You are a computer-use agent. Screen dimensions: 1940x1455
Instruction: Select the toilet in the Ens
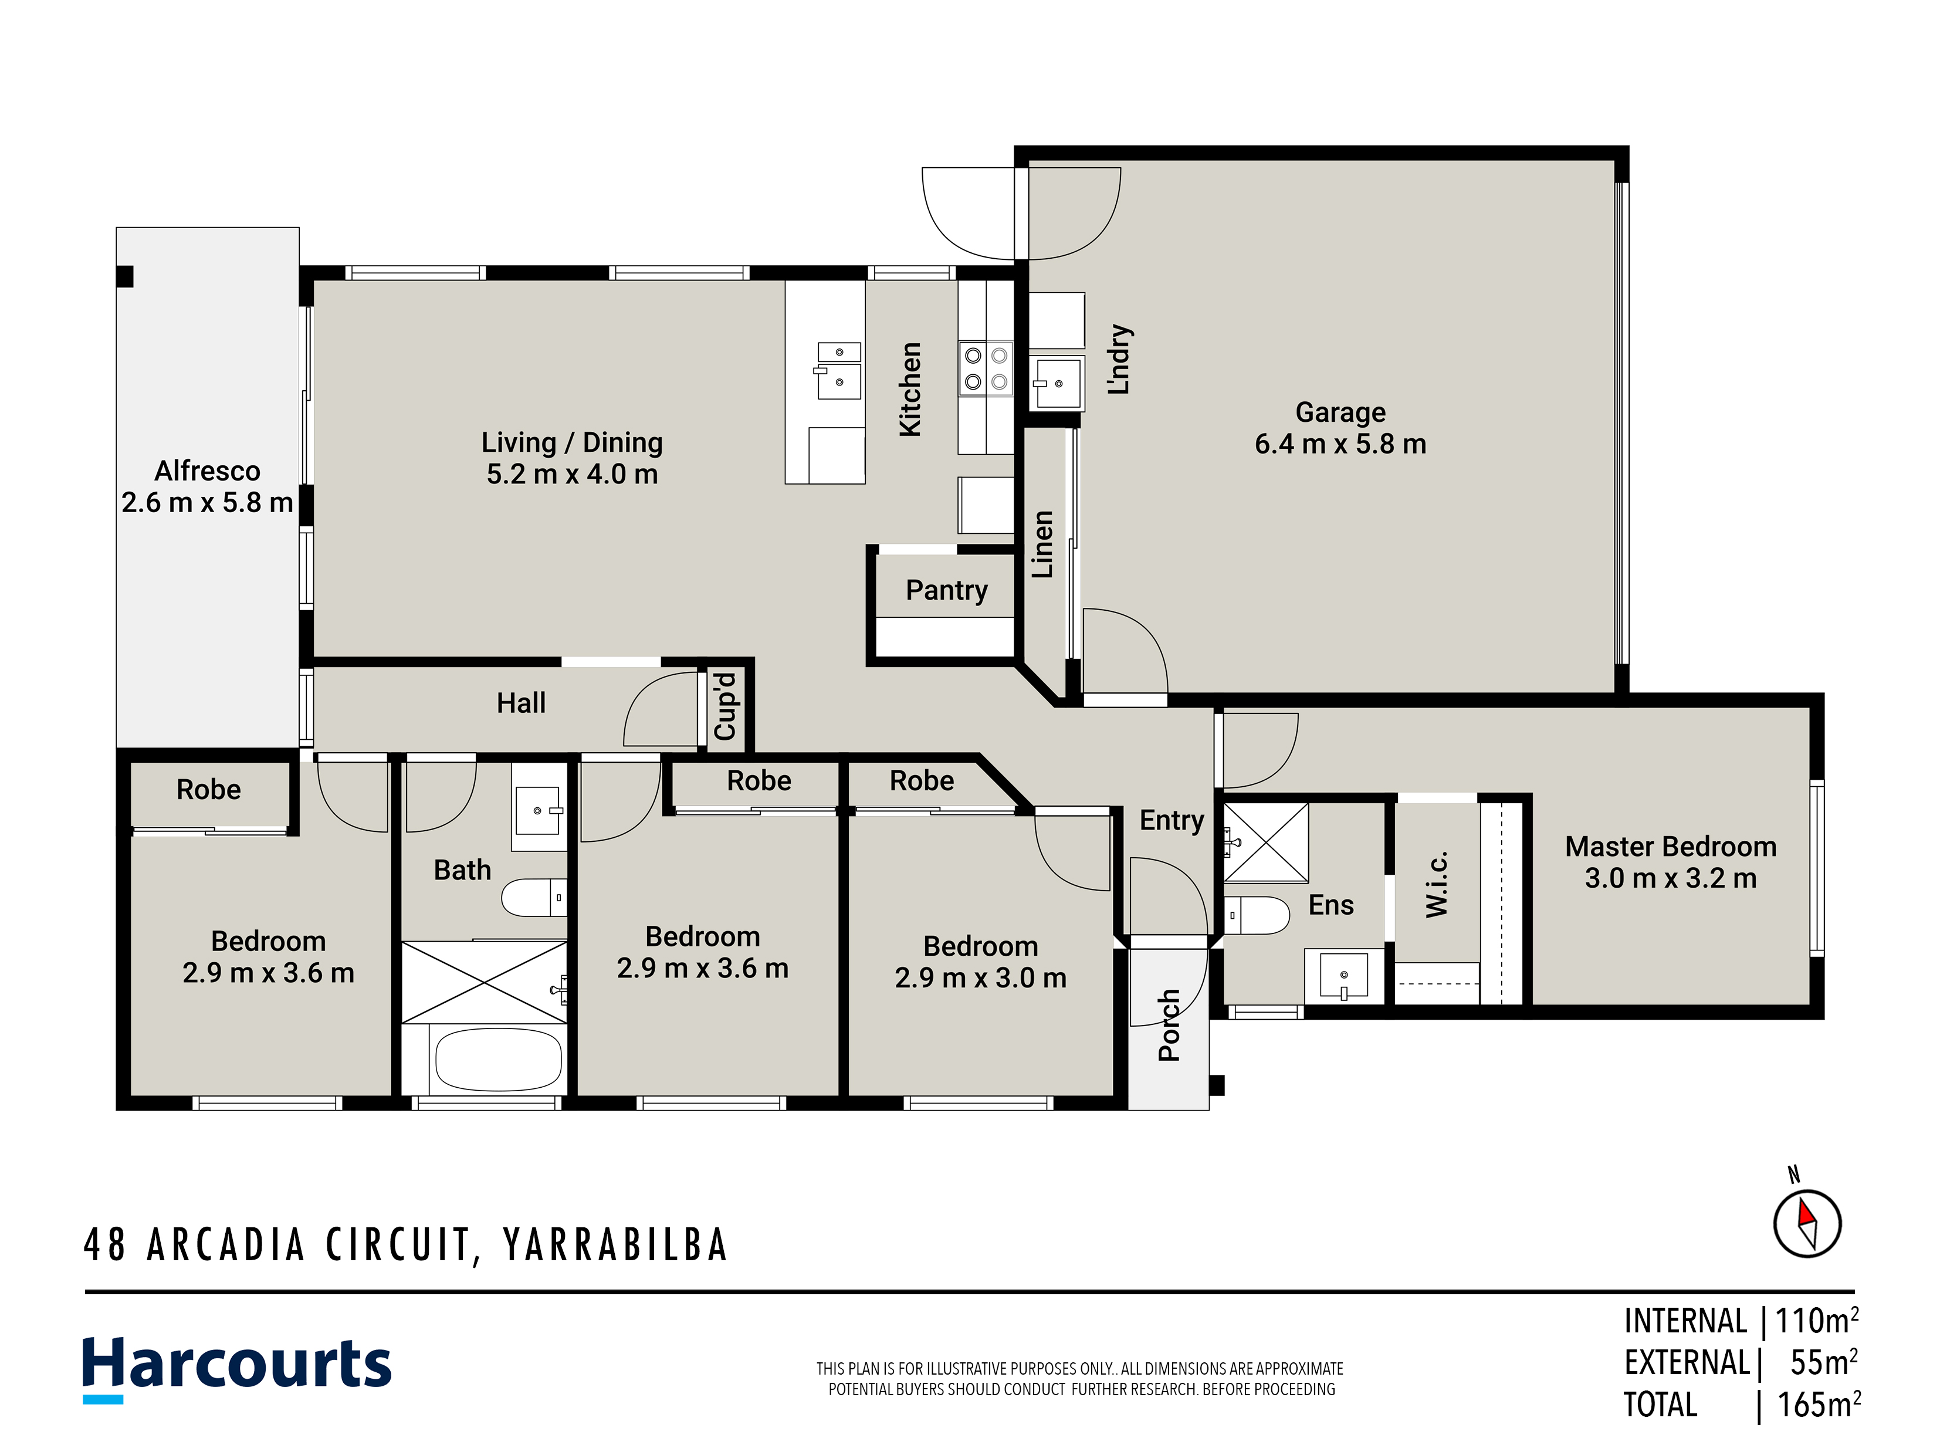coord(1256,915)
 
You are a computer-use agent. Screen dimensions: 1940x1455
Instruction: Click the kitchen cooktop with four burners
coord(986,368)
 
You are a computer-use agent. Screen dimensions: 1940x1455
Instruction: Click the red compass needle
coord(1806,1214)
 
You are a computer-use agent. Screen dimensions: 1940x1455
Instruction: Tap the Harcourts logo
coord(237,1366)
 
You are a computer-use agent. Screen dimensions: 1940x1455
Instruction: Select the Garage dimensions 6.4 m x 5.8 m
coord(1340,444)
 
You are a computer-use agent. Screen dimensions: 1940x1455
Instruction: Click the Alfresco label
coord(207,471)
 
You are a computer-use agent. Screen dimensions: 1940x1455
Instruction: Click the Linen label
coord(1042,544)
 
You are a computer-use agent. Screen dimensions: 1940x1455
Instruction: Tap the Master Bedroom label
coord(1671,847)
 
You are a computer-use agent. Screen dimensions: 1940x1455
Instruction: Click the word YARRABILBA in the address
coord(616,1244)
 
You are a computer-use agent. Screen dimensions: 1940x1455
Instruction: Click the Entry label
coord(1172,821)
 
